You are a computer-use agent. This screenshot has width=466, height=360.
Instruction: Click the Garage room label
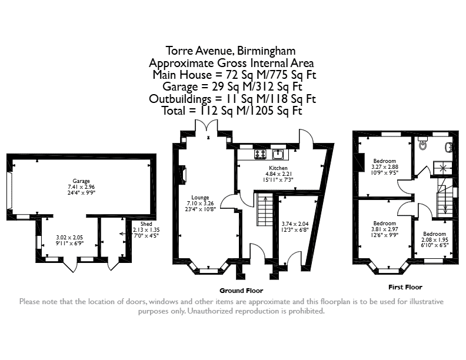(81, 181)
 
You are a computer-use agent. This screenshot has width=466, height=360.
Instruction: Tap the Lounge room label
(200, 198)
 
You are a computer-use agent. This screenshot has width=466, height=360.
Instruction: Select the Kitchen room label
(278, 168)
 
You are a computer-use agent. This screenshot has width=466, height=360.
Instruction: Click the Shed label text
(147, 224)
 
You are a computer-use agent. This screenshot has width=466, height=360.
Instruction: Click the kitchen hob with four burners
(260, 154)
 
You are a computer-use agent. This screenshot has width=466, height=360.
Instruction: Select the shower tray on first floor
(442, 168)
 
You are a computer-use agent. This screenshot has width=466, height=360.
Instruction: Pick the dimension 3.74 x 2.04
(295, 224)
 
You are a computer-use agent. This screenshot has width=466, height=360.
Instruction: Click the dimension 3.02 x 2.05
(69, 238)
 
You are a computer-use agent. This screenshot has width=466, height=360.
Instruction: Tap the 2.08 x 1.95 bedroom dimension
(434, 240)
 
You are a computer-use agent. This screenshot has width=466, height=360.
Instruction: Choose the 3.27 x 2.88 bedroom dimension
(385, 167)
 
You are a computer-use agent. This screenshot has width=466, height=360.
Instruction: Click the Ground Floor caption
(241, 291)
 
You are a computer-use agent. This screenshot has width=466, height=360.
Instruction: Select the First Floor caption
(405, 287)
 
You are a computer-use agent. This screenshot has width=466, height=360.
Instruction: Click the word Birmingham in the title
(266, 51)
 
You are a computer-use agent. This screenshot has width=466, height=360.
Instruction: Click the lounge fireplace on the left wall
(184, 174)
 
